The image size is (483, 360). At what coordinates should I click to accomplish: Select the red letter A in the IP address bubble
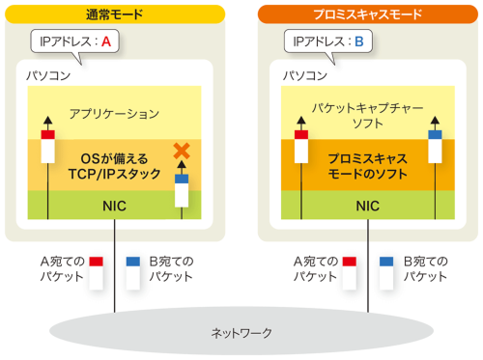[x=107, y=43]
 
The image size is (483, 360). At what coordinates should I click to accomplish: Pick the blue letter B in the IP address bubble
[x=359, y=43]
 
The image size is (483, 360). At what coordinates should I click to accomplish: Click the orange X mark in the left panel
[x=180, y=151]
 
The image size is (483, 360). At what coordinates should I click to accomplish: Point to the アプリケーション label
[x=114, y=114]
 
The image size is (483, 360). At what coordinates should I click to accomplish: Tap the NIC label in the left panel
[x=114, y=205]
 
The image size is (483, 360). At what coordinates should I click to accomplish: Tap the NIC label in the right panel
[x=367, y=205]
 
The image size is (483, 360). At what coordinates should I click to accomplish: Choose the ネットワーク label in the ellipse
[x=241, y=333]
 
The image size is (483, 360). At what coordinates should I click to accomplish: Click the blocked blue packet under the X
[x=182, y=189]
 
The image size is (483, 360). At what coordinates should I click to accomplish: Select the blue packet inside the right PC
[x=434, y=145]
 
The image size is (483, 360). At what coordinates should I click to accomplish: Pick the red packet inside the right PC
[x=300, y=145]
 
